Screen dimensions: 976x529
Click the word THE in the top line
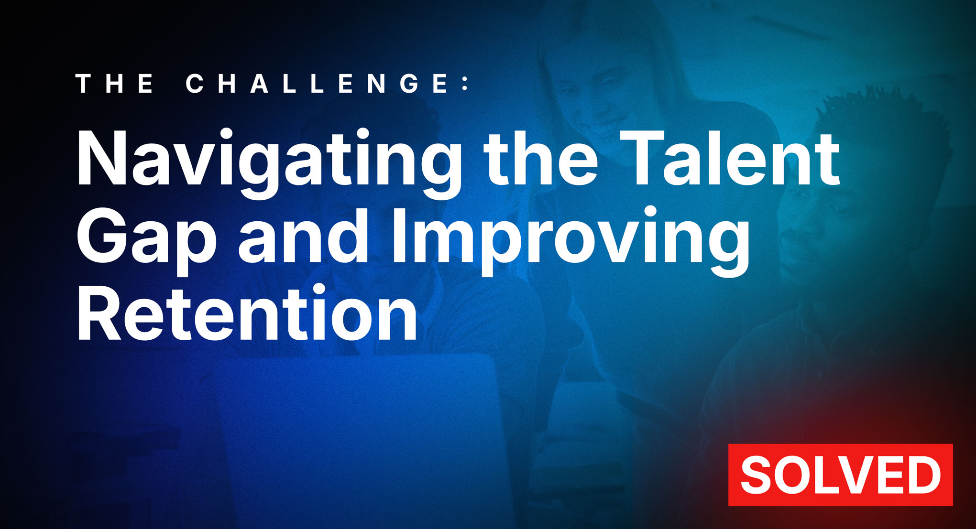coord(115,84)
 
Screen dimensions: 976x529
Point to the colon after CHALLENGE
coord(465,84)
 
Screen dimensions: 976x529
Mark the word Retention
coord(247,313)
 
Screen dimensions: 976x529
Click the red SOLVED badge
coord(840,475)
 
